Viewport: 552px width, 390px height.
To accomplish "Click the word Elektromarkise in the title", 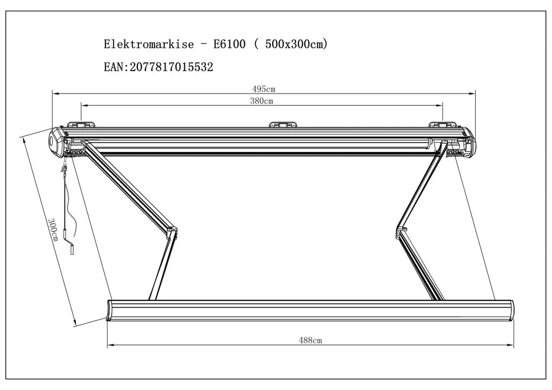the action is point(149,44).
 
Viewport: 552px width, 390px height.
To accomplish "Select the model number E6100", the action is point(229,44).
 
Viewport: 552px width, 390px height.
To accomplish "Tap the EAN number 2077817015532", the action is point(171,67).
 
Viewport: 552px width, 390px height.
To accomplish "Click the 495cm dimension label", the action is point(263,89).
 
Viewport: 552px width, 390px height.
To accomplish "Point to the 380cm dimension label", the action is point(262,101).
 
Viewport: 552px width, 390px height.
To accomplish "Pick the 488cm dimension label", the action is point(310,340).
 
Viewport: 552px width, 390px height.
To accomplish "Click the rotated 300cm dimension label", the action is point(53,230).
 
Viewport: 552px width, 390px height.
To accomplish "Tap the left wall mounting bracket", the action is point(81,125).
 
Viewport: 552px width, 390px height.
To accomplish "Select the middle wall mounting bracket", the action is point(283,125).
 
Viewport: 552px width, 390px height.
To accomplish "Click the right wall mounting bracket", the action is point(442,125).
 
